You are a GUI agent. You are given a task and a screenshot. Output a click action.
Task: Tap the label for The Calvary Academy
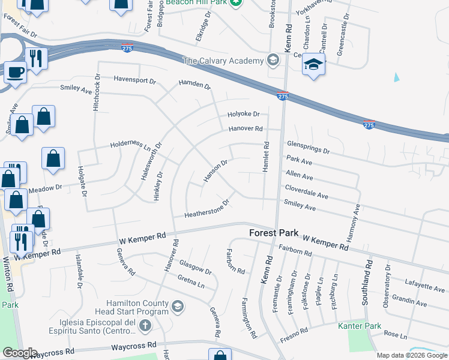click(223, 61)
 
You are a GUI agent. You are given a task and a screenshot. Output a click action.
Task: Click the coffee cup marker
click(16, 73)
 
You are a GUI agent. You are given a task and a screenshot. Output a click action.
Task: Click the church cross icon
click(144, 326)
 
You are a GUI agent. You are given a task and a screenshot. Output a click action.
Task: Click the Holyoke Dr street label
click(243, 114)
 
